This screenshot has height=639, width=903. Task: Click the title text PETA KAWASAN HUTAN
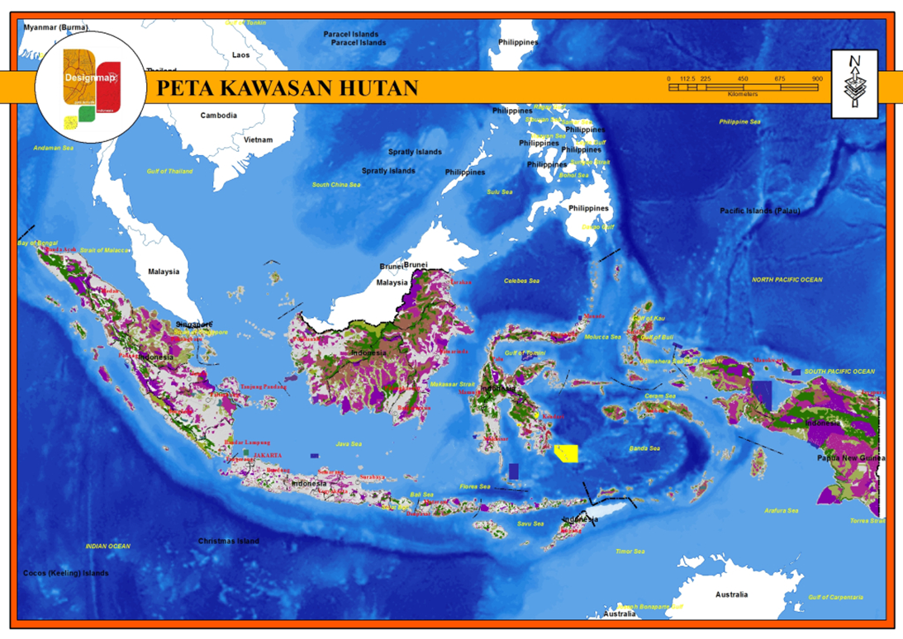click(288, 88)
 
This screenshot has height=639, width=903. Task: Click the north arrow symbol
click(854, 83)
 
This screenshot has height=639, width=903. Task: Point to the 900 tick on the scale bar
click(817, 78)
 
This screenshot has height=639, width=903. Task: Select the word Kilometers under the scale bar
click(743, 94)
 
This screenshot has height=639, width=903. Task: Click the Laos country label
click(240, 55)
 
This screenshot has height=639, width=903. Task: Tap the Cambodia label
click(218, 116)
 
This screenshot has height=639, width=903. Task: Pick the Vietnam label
click(258, 140)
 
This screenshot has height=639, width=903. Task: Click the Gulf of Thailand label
click(169, 171)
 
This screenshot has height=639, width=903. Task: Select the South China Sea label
click(336, 185)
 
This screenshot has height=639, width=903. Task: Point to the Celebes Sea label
click(521, 282)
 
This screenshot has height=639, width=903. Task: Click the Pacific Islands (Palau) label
click(759, 211)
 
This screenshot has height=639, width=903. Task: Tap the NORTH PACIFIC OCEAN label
click(787, 280)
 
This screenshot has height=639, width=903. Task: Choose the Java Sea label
click(349, 444)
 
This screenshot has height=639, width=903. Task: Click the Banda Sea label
click(644, 448)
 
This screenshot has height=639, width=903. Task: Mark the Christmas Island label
click(228, 542)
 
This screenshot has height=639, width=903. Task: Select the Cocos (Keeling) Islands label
click(65, 573)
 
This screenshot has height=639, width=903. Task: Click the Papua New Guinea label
click(851, 457)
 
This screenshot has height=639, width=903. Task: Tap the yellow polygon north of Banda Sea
click(567, 453)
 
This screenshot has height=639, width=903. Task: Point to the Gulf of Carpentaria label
click(836, 597)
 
